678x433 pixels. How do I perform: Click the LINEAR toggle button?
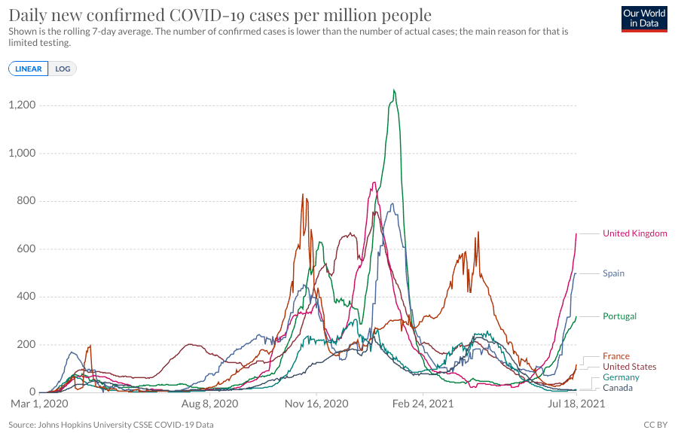pos(29,69)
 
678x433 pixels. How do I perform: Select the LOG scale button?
pos(63,69)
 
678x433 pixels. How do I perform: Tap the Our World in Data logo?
pos(645,18)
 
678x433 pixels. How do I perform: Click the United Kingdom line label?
pos(634,233)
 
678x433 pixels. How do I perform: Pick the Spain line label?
pos(613,273)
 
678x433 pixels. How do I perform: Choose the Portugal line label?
pos(619,316)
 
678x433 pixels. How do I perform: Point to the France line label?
pos(615,356)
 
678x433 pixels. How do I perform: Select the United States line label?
pos(629,367)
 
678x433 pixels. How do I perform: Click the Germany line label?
pos(621,377)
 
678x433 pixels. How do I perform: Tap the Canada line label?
pos(618,388)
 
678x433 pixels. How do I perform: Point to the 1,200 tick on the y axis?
pos(23,105)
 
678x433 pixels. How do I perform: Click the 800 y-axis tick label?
pos(27,201)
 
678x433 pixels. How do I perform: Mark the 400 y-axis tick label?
pos(27,297)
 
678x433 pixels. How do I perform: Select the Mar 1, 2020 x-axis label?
pos(39,404)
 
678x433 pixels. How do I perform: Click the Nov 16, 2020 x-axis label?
pos(316,404)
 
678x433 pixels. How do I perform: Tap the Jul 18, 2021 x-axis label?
pos(576,404)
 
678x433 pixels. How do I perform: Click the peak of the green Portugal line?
pos(394,91)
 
